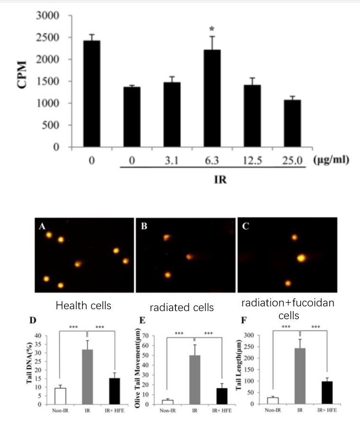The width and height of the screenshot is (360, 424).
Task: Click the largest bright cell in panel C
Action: [301, 258]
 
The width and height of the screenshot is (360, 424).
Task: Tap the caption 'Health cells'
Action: [83, 305]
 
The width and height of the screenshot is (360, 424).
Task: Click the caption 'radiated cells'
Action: [182, 307]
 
